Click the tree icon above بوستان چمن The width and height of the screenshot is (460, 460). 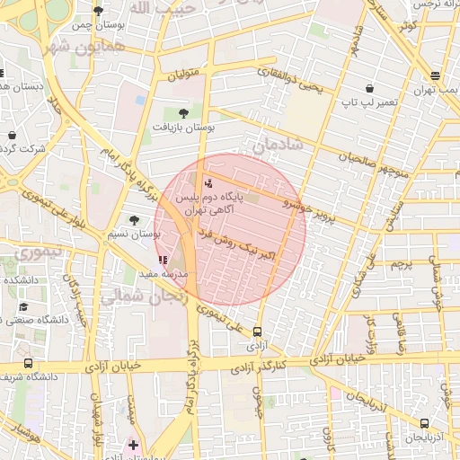coord(98,11)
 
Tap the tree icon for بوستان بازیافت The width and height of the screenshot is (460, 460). coord(184,114)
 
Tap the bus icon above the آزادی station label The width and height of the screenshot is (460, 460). coord(259,332)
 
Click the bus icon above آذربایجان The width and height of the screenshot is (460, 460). coord(424,424)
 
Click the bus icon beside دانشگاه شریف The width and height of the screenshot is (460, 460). coord(28,364)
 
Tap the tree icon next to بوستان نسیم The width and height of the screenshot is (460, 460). coord(134,219)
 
